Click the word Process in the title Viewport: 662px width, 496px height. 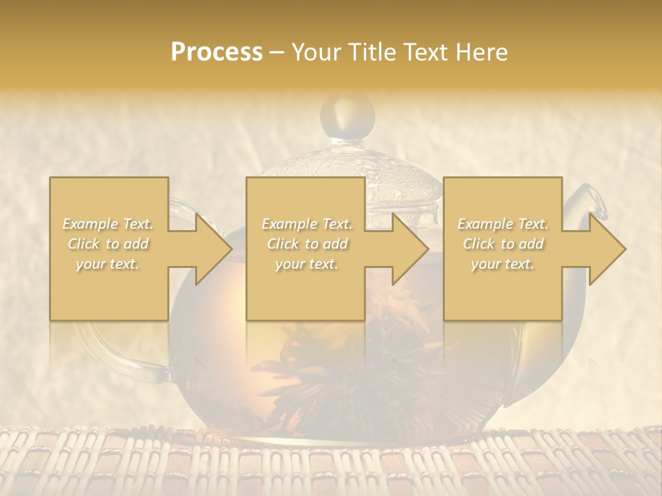217,52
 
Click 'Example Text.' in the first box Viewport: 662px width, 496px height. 108,224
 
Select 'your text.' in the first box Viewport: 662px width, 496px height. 108,264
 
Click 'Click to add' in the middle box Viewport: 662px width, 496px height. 307,244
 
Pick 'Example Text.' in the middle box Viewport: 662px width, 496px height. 307,224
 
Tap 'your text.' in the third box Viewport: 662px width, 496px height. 503,264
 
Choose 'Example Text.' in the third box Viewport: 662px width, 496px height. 503,224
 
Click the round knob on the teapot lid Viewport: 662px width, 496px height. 348,114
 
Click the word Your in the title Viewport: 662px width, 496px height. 317,52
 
